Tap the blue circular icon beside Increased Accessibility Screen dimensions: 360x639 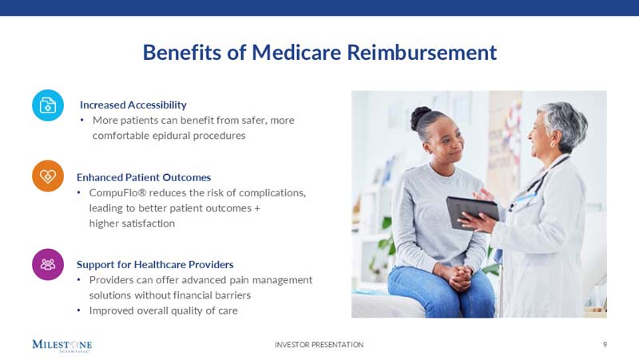[x=48, y=105]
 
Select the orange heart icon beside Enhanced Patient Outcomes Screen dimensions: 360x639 [x=48, y=176]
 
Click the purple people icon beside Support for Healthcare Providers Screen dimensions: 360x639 [x=48, y=264]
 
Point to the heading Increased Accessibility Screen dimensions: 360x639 [x=133, y=105]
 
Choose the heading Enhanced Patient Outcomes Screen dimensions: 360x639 [x=144, y=177]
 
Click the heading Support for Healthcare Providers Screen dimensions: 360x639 [x=155, y=264]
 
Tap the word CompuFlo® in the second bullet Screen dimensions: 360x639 [x=117, y=193]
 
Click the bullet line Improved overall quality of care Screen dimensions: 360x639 [x=163, y=311]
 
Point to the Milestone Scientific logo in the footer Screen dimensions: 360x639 [x=62, y=346]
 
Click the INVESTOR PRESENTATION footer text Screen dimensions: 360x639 [x=319, y=345]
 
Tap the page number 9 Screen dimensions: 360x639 [x=605, y=345]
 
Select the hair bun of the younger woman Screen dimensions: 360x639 [x=422, y=117]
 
